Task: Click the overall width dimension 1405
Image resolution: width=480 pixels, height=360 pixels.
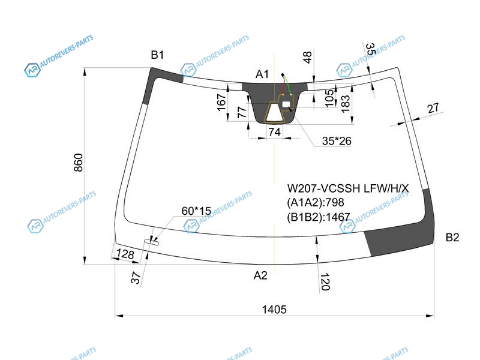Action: (274, 310)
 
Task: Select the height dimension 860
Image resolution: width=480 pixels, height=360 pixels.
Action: (79, 165)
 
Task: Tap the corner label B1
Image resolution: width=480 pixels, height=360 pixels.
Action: (157, 55)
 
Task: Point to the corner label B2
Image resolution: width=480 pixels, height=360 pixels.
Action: (452, 238)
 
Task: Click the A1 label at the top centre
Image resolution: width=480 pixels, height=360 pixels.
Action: (262, 74)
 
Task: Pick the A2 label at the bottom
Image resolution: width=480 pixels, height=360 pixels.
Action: (260, 275)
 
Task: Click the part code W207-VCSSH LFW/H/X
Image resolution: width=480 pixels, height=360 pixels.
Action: (348, 189)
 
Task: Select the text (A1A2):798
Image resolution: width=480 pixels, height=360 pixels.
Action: (320, 202)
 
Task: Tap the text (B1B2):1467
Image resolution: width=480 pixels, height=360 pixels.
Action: (323, 217)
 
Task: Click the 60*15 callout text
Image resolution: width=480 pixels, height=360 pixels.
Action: (196, 211)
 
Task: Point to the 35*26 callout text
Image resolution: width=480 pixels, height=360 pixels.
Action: (337, 142)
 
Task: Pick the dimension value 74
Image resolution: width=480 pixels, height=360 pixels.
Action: (274, 132)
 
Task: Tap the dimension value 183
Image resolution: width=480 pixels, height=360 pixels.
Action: (346, 103)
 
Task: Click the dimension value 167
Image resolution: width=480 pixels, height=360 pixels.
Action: (221, 103)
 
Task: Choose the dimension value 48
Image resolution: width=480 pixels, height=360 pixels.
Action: (307, 58)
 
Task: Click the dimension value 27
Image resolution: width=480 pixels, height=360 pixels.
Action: (433, 109)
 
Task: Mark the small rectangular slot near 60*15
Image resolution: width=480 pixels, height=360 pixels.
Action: (151, 242)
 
